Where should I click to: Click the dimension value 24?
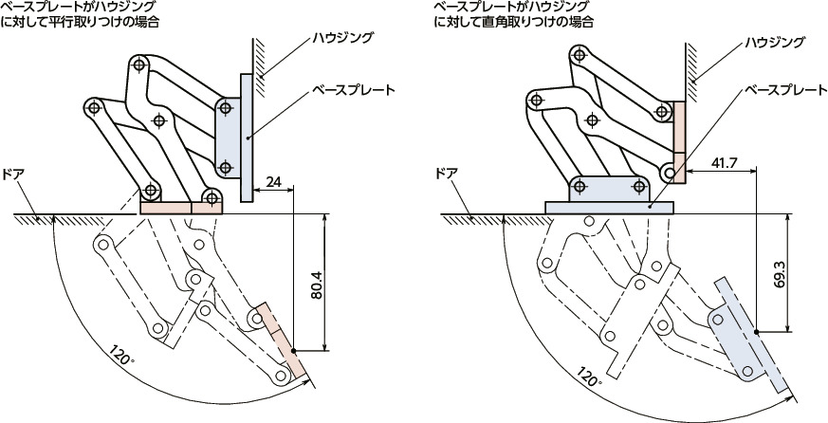pos(273,181)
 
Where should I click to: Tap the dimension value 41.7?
pos(724,163)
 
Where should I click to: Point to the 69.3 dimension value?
pos(780,272)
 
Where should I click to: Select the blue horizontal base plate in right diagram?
pos(608,206)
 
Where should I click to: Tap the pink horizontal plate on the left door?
pos(180,206)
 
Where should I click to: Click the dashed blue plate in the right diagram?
pos(750,336)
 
